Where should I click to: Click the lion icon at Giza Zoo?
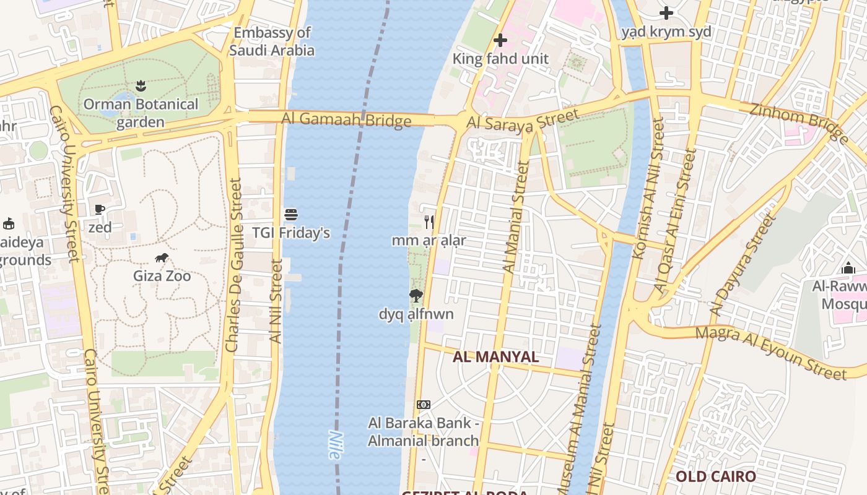tap(162, 257)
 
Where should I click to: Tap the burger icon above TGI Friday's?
tap(291, 215)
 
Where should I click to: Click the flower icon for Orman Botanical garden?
tap(141, 85)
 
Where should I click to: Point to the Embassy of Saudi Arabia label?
tap(272, 41)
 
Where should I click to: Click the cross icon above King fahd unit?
tap(500, 41)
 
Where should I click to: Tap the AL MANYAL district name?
tap(495, 357)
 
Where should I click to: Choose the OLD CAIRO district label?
tap(715, 476)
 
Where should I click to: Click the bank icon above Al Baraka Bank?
tap(424, 405)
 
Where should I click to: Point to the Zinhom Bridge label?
tap(798, 123)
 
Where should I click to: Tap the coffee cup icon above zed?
tap(100, 209)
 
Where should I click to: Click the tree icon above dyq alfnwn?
tap(416, 296)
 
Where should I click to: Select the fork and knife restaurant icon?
tap(429, 222)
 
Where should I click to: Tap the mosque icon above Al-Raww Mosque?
tap(848, 268)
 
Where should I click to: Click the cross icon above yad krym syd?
tap(666, 13)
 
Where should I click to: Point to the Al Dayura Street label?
tap(743, 265)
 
